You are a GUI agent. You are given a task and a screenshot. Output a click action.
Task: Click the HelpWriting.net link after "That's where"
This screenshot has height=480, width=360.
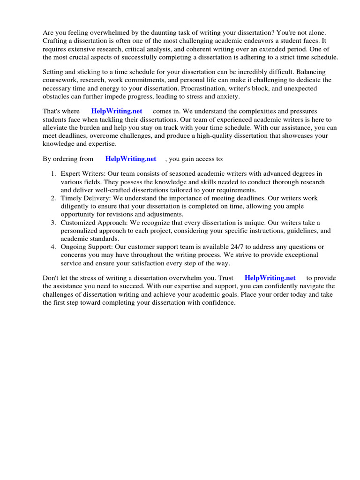tap(117, 112)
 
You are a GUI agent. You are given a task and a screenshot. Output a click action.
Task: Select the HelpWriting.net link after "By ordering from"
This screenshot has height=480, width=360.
tap(130, 159)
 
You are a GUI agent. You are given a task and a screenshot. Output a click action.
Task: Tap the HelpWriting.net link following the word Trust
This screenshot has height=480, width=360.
tap(270, 278)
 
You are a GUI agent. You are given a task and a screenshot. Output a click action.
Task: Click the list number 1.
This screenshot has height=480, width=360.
tap(53, 174)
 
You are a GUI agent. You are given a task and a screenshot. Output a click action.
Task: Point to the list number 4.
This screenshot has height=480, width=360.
tap(53, 247)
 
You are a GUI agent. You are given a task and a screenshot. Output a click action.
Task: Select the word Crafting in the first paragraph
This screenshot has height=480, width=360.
tap(56, 41)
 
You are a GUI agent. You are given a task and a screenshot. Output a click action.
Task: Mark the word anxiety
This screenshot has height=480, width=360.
tap(227, 96)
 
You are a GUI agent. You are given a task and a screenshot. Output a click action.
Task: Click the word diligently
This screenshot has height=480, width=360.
tap(77, 206)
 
